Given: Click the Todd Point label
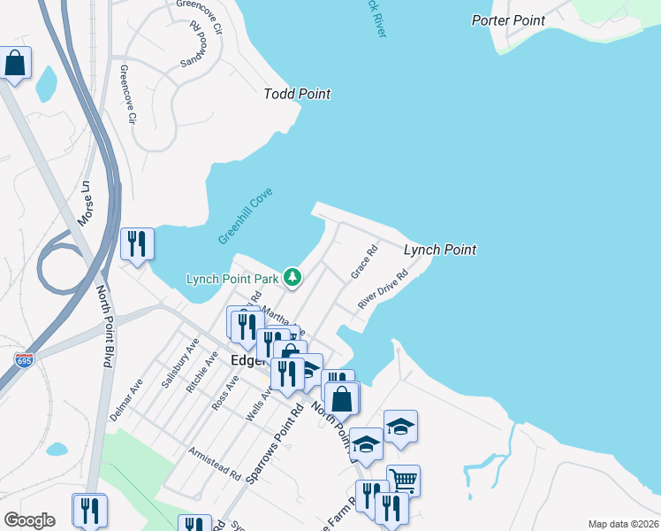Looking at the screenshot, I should pyautogui.click(x=297, y=94).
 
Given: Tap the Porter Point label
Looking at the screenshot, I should pyautogui.click(x=508, y=20).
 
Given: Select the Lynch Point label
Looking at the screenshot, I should pyautogui.click(x=440, y=250).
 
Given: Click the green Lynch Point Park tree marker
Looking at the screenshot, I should pyautogui.click(x=293, y=278).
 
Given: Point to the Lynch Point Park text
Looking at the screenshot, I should pyautogui.click(x=232, y=279).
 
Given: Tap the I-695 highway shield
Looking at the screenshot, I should pyautogui.click(x=25, y=360).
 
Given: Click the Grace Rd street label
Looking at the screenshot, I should pyautogui.click(x=364, y=263).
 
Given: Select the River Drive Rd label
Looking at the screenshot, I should pyautogui.click(x=383, y=289).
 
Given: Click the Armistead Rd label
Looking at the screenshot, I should pyautogui.click(x=215, y=463).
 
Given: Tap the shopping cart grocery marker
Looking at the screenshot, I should pyautogui.click(x=403, y=481).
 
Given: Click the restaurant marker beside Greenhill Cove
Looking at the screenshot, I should pyautogui.click(x=137, y=243).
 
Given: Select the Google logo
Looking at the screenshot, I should pyautogui.click(x=29, y=520).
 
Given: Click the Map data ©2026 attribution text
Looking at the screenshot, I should pyautogui.click(x=622, y=524).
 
